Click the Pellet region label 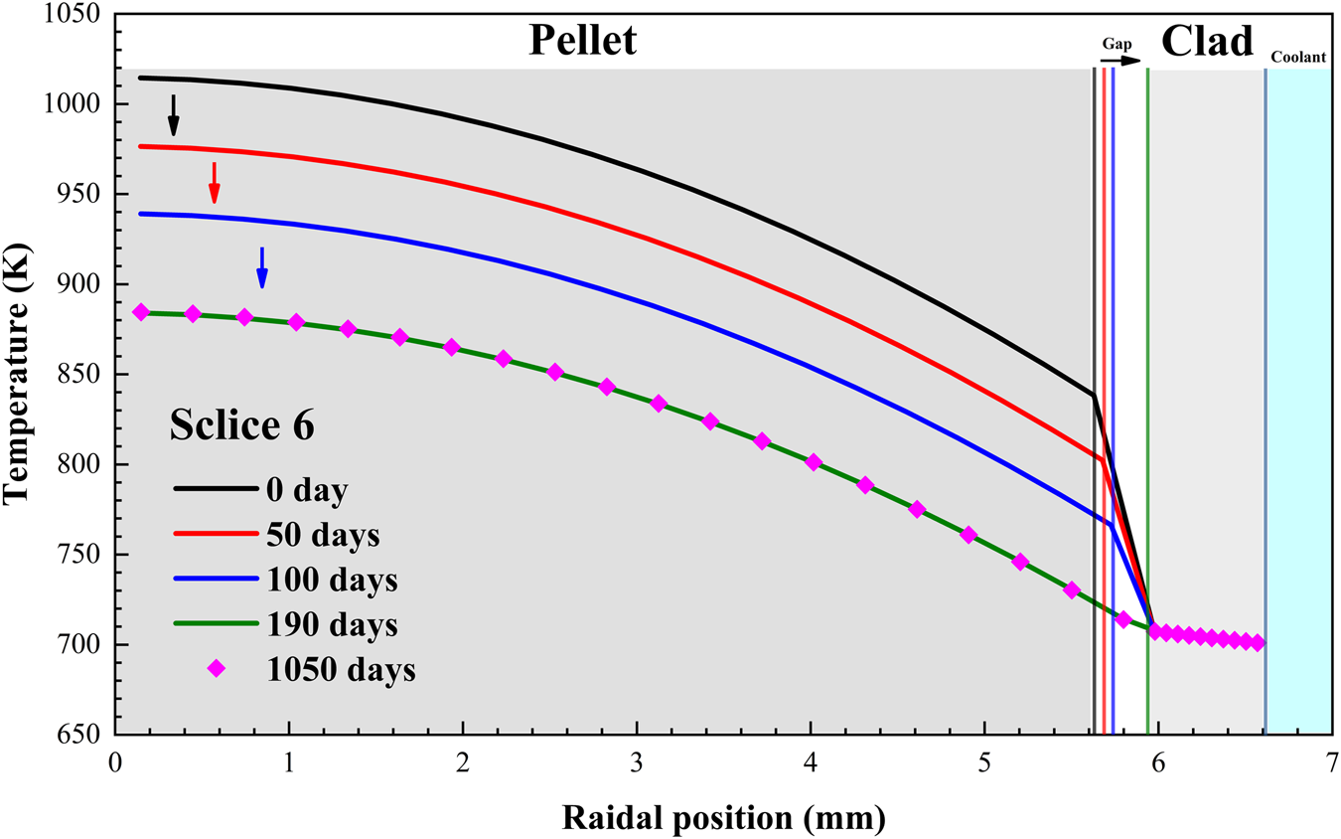[581, 41]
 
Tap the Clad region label [1207, 41]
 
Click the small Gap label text [1117, 44]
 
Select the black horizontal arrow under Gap [1120, 61]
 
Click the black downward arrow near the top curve [173, 114]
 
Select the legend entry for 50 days [322, 534]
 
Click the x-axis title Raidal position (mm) [723, 817]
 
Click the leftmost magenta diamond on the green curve [141, 312]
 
